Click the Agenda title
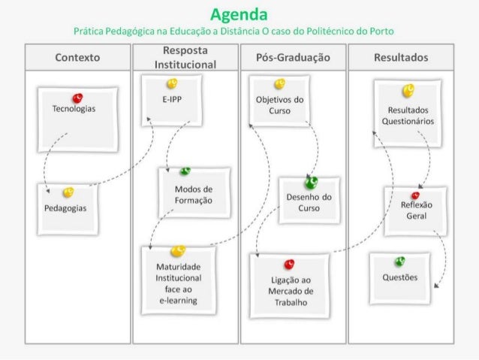coord(239,14)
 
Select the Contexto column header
coord(78,58)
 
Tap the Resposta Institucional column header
coord(185,58)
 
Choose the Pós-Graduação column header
coord(293,58)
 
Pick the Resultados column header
coord(400,58)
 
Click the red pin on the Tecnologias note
coord(78,97)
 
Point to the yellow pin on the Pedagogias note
coord(68,192)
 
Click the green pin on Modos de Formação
coord(185,171)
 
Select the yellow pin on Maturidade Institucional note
coord(177,250)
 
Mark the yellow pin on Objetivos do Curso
coord(279,83)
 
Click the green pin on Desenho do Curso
coord(311,181)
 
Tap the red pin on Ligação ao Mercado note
coord(290,263)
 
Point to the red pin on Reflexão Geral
coord(415,195)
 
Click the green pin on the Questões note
coord(400,261)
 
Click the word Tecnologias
coord(74,109)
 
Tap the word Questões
coord(399,277)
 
